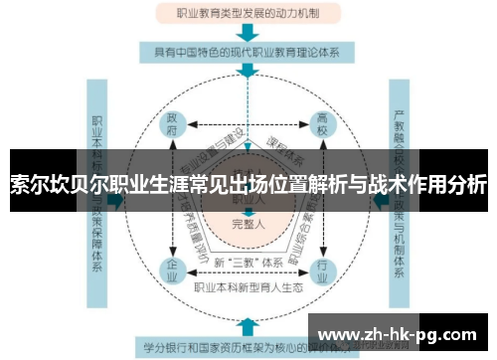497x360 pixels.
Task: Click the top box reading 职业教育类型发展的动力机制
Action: click(x=248, y=13)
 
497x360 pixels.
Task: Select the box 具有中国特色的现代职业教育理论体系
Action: click(x=248, y=51)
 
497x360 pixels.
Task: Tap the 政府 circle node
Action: click(x=171, y=123)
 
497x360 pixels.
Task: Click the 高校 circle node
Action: click(x=323, y=123)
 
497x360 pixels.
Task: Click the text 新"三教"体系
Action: click(x=248, y=262)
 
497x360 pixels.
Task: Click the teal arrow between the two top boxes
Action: click(x=248, y=32)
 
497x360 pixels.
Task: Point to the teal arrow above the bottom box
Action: click(x=248, y=325)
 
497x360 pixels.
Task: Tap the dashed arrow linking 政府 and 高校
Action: click(x=248, y=123)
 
